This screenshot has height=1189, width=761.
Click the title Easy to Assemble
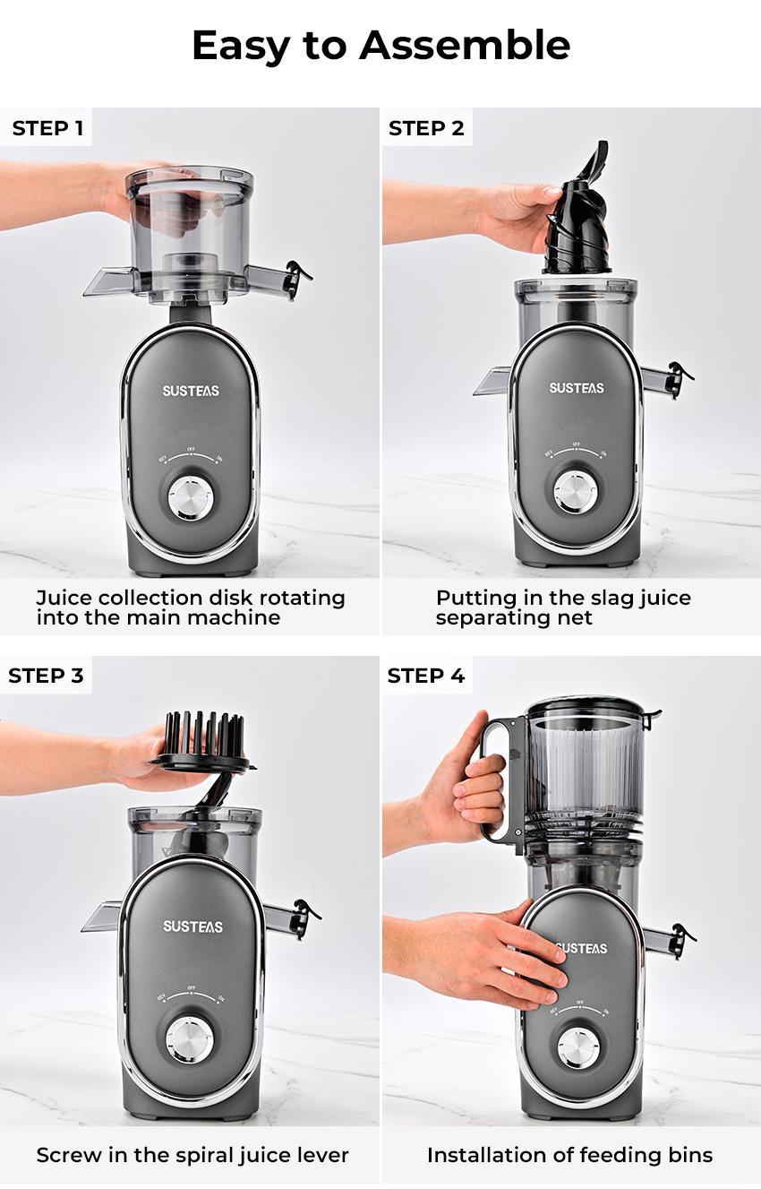tap(380, 45)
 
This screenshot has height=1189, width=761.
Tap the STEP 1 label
tap(47, 128)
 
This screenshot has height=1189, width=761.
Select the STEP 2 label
tap(426, 128)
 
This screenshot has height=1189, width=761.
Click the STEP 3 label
tap(46, 676)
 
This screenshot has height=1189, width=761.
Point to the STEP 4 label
tap(426, 676)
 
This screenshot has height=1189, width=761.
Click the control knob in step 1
tap(190, 498)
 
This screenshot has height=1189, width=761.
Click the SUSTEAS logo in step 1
tap(190, 391)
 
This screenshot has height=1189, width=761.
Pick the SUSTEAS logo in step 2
tap(576, 388)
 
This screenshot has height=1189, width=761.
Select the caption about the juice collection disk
tap(190, 607)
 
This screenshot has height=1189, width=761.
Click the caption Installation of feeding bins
tap(570, 1155)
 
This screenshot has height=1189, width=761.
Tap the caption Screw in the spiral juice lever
tap(192, 1155)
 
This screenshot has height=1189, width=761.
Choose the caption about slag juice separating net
tap(563, 607)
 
